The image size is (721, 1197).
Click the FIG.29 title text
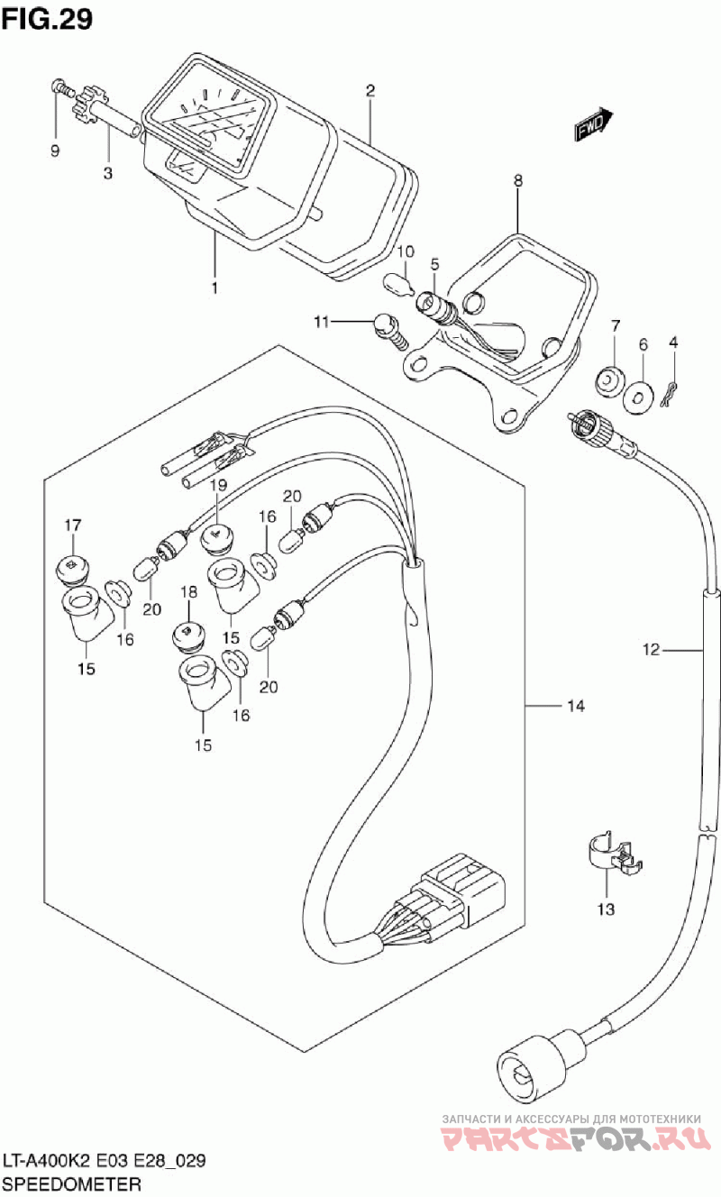coord(47,20)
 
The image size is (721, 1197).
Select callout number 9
coord(55,151)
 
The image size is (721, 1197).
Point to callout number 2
coord(370,89)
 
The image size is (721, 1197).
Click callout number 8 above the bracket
coord(518,180)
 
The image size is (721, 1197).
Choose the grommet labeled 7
coord(611,381)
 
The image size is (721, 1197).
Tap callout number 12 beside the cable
coord(652,648)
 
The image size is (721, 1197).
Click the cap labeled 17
coord(73,569)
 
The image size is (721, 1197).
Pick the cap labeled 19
coord(216,539)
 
